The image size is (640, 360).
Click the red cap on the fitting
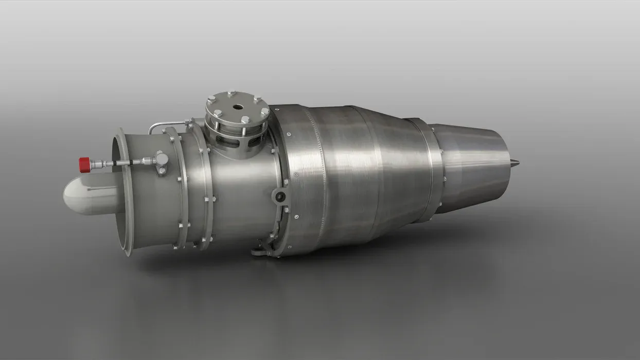[84, 165]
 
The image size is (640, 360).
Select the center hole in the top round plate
[238, 107]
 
